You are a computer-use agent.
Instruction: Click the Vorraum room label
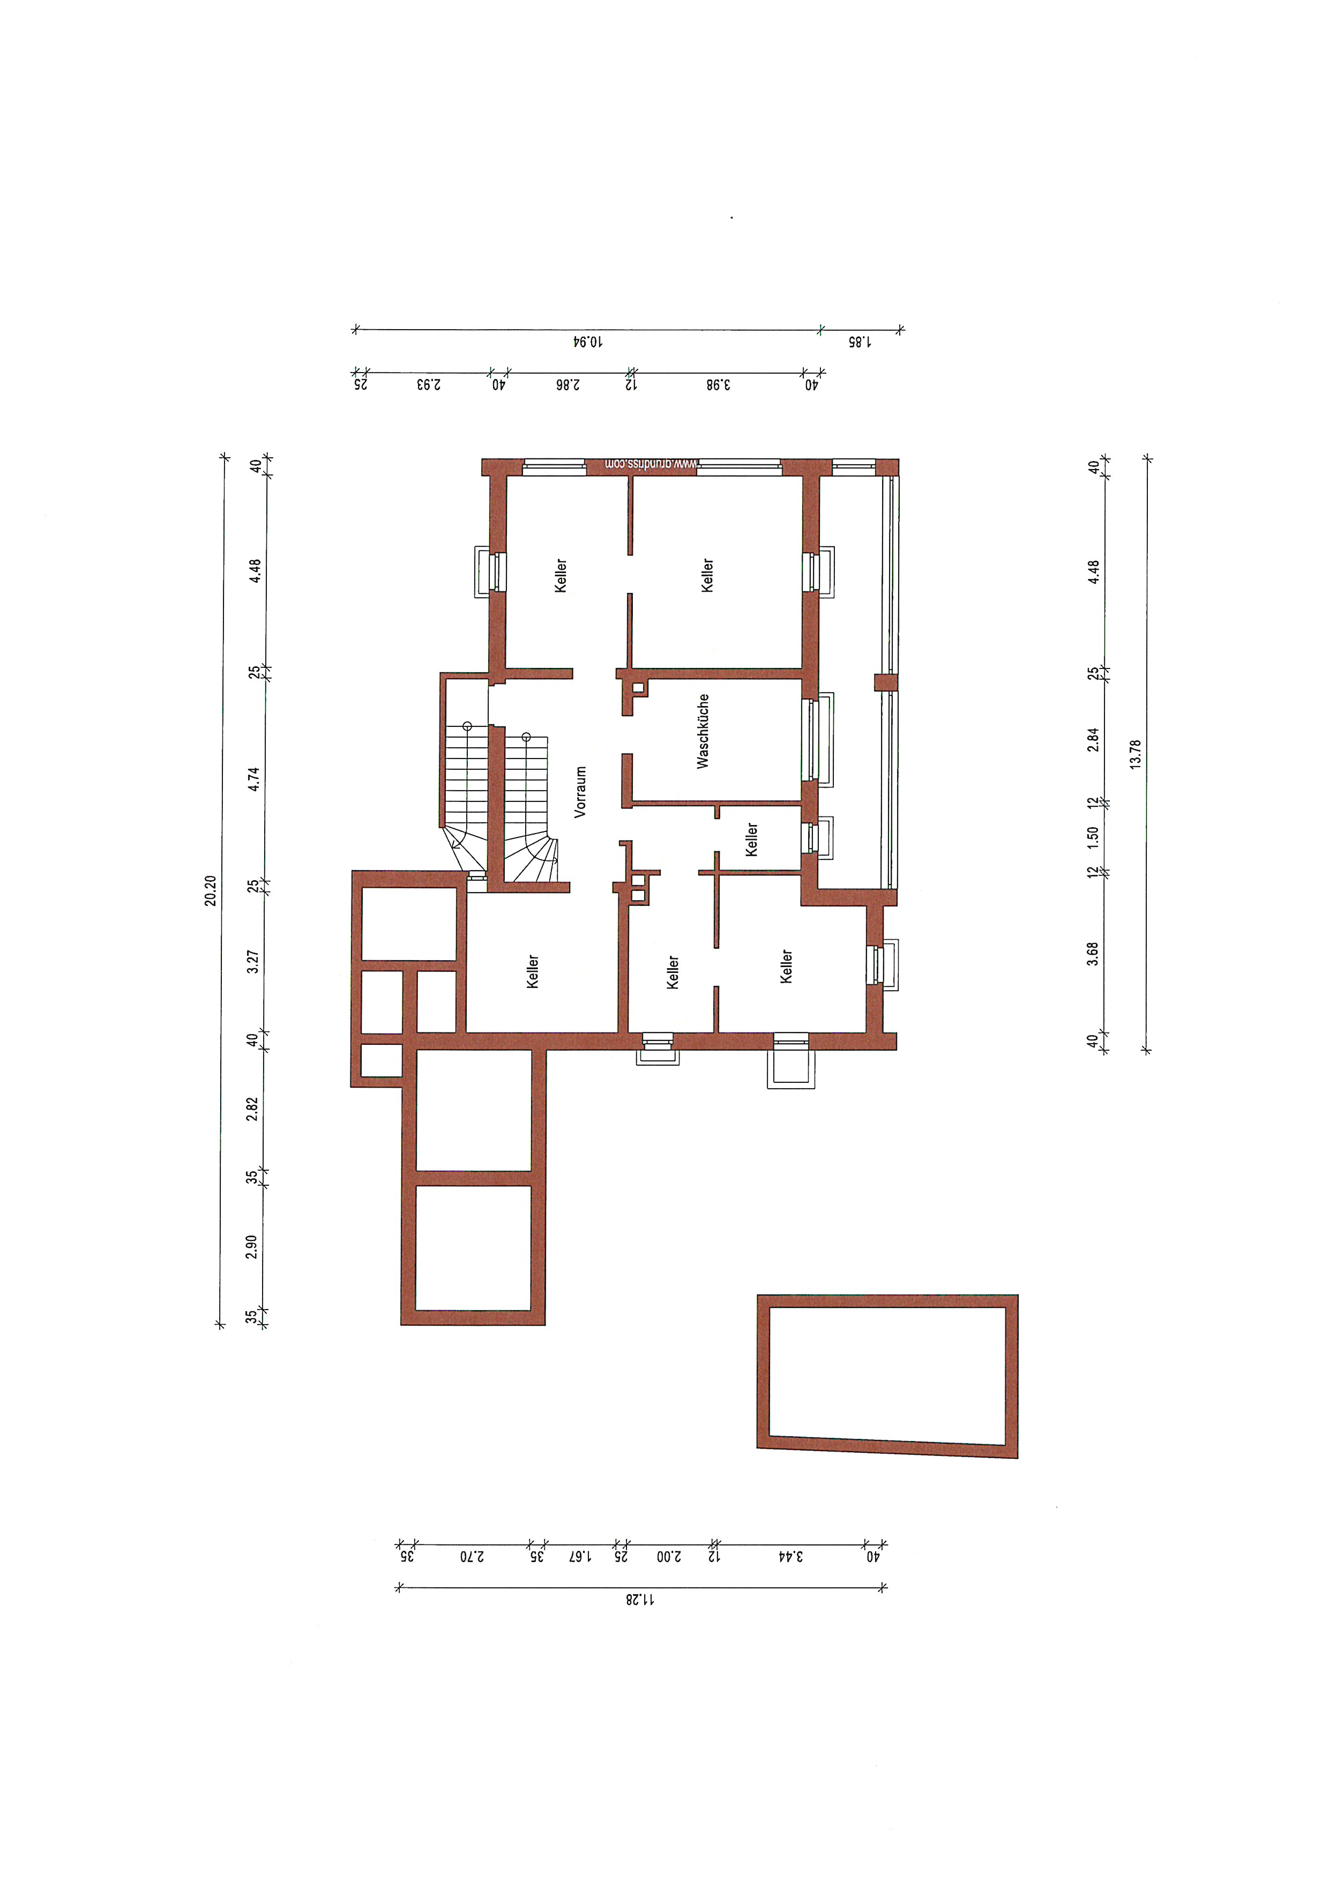click(x=580, y=792)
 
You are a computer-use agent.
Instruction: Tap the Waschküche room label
click(x=702, y=731)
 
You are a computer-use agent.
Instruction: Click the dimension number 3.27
click(x=253, y=961)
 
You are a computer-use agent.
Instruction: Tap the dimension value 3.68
click(x=1093, y=954)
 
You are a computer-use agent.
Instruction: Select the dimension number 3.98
click(x=717, y=384)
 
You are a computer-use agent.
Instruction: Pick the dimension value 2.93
click(x=428, y=384)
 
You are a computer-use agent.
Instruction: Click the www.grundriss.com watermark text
click(x=651, y=464)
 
